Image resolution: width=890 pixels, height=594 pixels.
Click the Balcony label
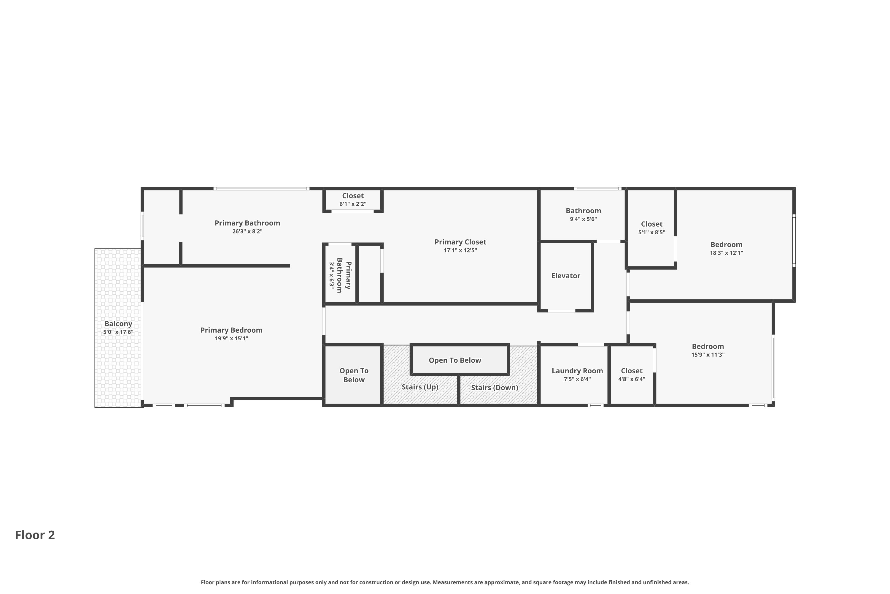coord(118,324)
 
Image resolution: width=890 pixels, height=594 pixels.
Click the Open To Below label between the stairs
coord(455,360)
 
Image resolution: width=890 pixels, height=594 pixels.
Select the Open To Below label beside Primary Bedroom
coord(354,375)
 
